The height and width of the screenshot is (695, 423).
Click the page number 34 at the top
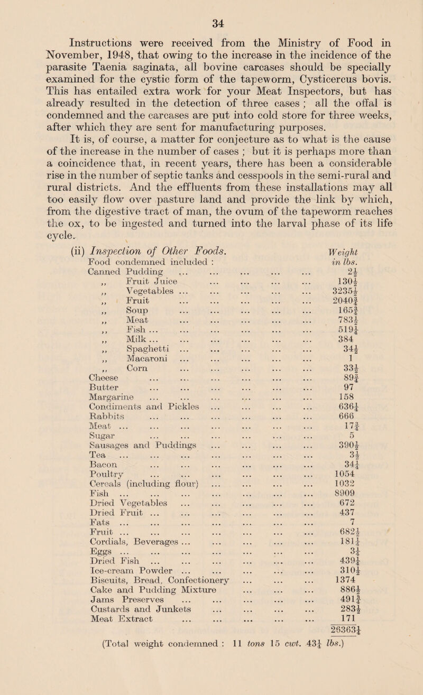pos(212,9)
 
